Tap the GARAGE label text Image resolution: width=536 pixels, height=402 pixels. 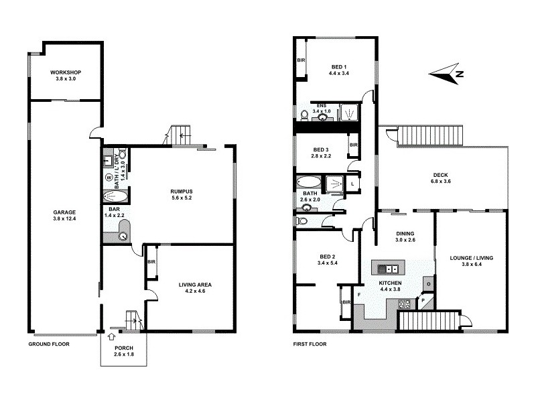[x=64, y=212]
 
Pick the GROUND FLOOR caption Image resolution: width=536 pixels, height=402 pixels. [x=49, y=344]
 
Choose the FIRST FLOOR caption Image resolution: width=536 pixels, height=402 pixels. [x=310, y=344]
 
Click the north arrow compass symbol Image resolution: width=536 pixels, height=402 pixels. [x=446, y=74]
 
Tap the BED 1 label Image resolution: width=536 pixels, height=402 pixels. [x=338, y=66]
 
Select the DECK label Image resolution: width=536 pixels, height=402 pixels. [x=440, y=176]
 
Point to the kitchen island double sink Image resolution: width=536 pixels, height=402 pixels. [x=389, y=269]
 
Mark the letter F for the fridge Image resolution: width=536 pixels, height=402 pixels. [x=359, y=294]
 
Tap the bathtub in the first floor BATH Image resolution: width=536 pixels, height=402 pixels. [x=309, y=182]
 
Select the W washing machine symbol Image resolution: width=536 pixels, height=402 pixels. [x=109, y=178]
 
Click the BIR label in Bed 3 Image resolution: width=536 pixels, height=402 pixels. [x=353, y=145]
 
